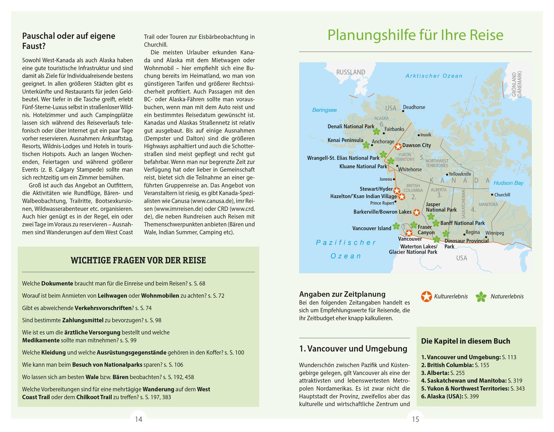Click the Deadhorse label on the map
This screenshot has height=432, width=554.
[x=414, y=107]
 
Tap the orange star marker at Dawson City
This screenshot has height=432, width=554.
[x=398, y=146]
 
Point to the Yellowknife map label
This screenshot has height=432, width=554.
[x=460, y=174]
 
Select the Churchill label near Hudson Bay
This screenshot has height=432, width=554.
[x=502, y=195]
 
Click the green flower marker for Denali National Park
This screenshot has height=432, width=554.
[x=377, y=131]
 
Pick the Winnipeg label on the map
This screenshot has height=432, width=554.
[x=495, y=233]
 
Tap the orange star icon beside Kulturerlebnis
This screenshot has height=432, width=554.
[x=426, y=296]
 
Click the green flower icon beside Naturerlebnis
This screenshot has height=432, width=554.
[x=481, y=296]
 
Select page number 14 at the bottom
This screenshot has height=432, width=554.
[x=138, y=419]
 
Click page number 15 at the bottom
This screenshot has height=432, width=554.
[x=415, y=419]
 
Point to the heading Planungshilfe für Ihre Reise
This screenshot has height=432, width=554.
[x=415, y=35]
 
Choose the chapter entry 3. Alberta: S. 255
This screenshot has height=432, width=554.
[x=443, y=373]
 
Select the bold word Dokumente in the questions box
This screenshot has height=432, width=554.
[x=57, y=284]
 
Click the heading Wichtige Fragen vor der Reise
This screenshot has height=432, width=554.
[x=138, y=260]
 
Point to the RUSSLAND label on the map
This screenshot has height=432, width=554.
[x=350, y=72]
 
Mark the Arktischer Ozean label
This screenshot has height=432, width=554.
[x=434, y=76]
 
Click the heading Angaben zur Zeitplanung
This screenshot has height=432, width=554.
[x=342, y=294]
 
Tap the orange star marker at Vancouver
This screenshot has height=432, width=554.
[x=409, y=233]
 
